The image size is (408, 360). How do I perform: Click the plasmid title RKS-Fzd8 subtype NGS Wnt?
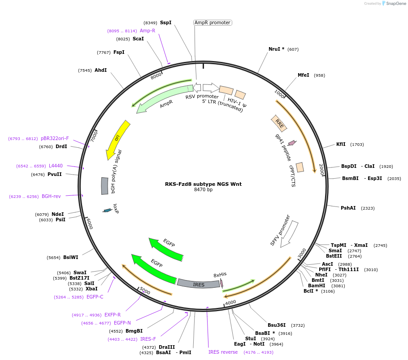pos(203,184)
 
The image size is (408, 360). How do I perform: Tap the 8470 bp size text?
pos(203,190)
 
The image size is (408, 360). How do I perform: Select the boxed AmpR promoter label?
pos(213,22)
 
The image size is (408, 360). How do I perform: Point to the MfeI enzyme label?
pos(304,75)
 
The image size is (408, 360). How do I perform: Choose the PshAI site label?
pos(348,208)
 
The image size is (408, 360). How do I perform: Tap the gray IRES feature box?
pos(198,283)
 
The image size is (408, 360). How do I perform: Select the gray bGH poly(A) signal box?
pos(104,186)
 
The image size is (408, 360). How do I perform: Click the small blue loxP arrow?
pos(107,210)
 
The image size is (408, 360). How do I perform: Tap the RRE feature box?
pos(279,123)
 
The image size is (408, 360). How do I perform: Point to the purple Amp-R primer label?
pos(148,31)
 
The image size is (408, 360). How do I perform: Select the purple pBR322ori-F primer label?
pos(55,138)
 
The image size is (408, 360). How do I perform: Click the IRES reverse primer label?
pos(223,352)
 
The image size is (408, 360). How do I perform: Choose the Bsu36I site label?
pos(277,325)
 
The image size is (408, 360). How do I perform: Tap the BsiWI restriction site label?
pos(71,257)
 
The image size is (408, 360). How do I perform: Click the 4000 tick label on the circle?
pos(230,303)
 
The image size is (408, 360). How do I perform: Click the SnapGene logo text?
pos(396,4)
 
